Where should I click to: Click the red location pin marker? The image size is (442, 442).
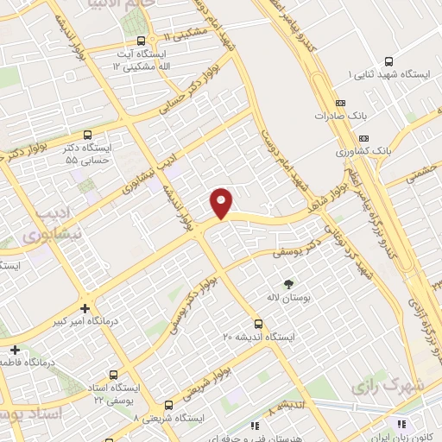tap(222, 203)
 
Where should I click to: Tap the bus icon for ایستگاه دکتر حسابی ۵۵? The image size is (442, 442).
tap(87, 134)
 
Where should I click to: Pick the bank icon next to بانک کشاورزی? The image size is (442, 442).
tap(363, 137)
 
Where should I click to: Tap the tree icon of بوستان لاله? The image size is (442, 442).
tap(288, 283)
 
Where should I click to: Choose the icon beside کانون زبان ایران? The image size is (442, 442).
tap(401, 423)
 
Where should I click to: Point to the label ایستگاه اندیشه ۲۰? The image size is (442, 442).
tap(259, 337)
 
